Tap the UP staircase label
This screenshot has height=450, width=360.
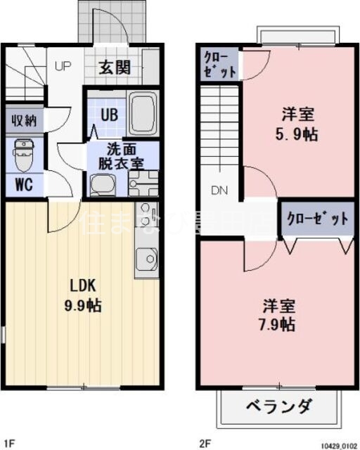(63, 67)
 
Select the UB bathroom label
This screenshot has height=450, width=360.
(108, 115)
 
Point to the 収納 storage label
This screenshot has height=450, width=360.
(22, 120)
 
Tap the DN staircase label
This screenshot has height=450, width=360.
(219, 190)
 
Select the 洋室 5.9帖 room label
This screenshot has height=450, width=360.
(298, 123)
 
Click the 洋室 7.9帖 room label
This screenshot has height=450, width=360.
(279, 315)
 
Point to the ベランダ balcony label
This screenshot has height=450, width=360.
(279, 406)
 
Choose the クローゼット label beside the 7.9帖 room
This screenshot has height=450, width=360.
(317, 218)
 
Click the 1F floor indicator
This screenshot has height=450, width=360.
(9, 443)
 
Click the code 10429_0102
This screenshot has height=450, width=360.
(339, 445)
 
